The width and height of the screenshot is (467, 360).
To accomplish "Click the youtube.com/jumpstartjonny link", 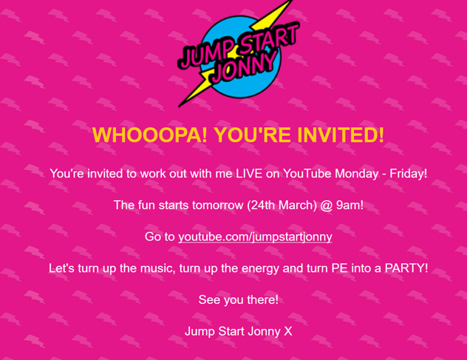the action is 255,237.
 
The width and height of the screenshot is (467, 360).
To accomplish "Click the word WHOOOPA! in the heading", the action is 149,135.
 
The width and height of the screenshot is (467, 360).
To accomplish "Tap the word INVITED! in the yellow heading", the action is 341,135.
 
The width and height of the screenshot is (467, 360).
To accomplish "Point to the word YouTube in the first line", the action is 307,174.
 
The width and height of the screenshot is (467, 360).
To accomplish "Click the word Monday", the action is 356,174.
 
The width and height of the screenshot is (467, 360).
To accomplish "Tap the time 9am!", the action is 350,206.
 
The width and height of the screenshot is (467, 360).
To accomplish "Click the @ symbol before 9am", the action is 327,206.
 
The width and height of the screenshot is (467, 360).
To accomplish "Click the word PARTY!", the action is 406,268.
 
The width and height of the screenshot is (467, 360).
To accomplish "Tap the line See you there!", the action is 238,300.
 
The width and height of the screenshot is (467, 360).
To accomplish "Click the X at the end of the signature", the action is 288,331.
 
